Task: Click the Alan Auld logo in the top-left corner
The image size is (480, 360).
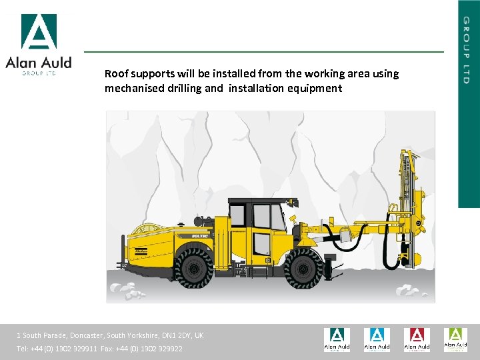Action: coord(38,44)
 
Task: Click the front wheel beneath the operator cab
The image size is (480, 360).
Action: coord(303,267)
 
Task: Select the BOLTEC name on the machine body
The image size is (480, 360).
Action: coord(201,235)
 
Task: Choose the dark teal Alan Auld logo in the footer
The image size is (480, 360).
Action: coord(337,339)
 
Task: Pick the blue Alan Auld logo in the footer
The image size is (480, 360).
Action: coord(377,339)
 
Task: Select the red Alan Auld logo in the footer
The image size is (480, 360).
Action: coord(417,339)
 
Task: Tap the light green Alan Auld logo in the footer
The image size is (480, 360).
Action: coord(456,339)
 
